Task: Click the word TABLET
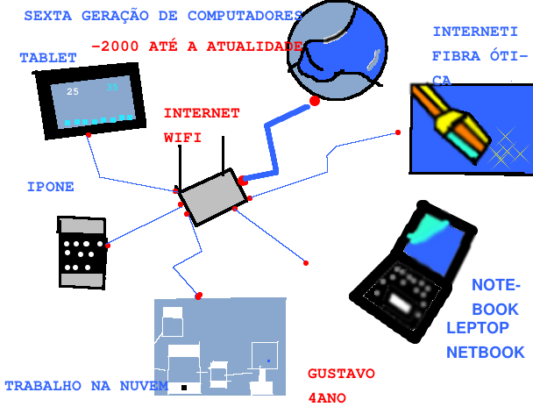[x=48, y=58]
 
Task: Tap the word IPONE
[x=50, y=187]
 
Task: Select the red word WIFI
[x=183, y=138]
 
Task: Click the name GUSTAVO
[x=341, y=374]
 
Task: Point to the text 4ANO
[x=328, y=397]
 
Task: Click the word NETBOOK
[x=485, y=353]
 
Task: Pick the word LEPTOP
[x=478, y=328]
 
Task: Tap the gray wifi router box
[x=210, y=196]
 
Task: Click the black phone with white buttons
[x=82, y=251]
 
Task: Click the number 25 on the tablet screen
[x=73, y=92]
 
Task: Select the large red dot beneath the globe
[x=315, y=102]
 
